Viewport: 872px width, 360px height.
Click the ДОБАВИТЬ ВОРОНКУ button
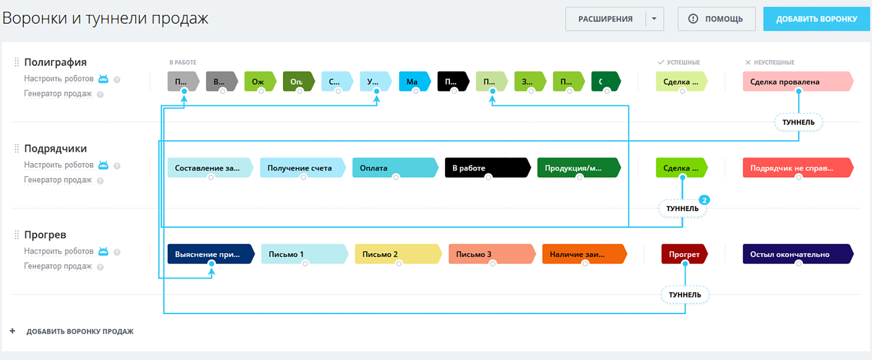tap(816, 19)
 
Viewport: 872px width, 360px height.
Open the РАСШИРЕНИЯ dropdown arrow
tap(654, 19)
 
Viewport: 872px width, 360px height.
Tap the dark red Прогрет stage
tap(684, 254)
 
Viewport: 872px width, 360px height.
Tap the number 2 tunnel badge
tap(704, 200)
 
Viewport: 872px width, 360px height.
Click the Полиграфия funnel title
tap(55, 62)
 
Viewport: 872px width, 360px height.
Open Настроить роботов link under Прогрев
tap(59, 252)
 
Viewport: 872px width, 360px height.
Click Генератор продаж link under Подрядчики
tap(58, 180)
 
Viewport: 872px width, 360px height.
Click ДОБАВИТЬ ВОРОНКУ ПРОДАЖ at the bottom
tap(79, 331)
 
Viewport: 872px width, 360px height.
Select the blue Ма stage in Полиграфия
tap(413, 82)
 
